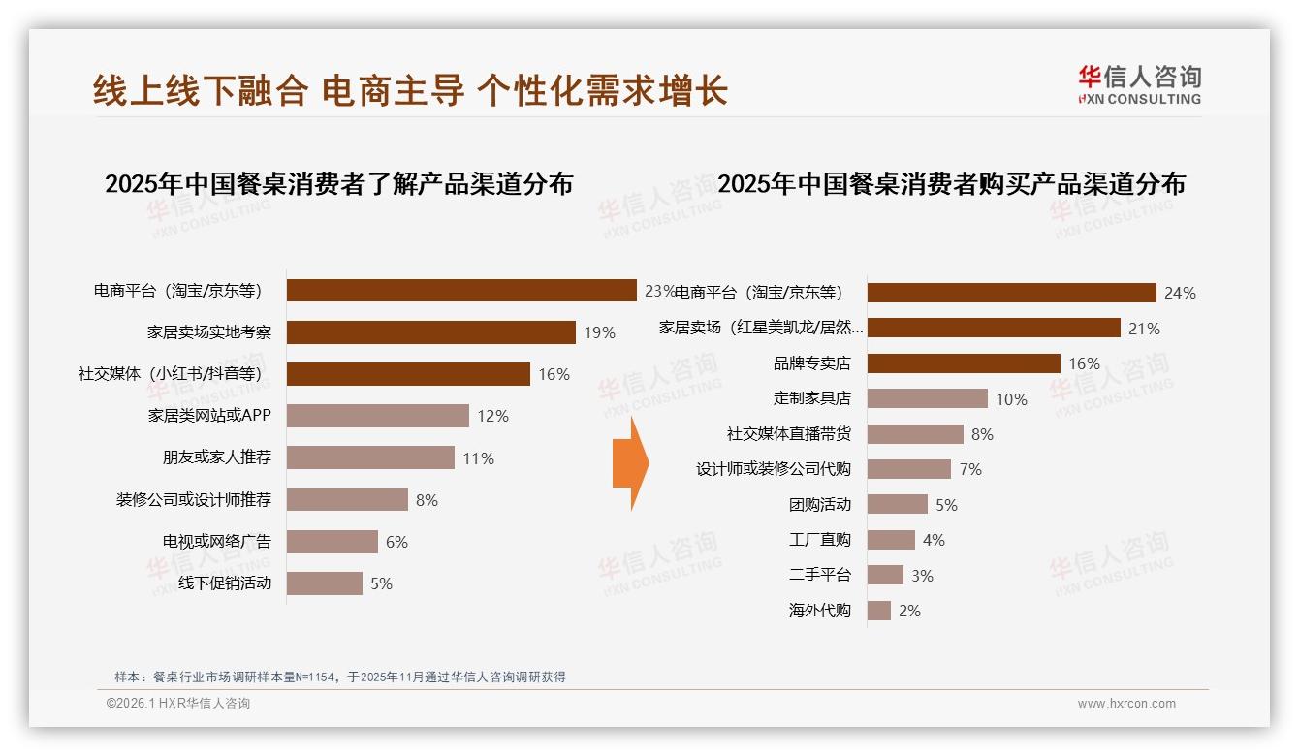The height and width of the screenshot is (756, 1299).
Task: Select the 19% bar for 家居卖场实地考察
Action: click(431, 332)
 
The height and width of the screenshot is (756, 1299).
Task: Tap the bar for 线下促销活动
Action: click(325, 583)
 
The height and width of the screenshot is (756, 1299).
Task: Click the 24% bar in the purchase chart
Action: click(1011, 293)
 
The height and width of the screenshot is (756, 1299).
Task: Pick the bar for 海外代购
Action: click(878, 611)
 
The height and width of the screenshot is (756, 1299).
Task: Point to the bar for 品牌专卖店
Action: click(963, 363)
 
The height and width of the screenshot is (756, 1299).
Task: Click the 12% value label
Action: click(492, 416)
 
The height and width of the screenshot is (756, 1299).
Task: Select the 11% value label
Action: click(478, 458)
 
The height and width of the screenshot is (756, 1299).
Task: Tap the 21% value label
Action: click(1144, 329)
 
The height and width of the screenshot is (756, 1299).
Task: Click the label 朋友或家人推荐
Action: click(216, 457)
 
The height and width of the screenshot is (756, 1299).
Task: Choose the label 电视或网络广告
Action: click(216, 541)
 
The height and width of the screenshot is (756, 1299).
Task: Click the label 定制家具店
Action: click(811, 398)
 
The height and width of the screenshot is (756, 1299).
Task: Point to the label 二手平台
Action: click(819, 575)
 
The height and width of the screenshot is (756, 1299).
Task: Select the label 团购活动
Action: click(819, 504)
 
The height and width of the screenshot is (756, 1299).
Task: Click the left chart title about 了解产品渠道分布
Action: click(338, 183)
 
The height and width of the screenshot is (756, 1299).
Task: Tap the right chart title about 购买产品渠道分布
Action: click(951, 183)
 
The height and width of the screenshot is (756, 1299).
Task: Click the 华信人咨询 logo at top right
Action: click(1139, 84)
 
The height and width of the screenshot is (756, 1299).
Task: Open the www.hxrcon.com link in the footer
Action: click(1125, 704)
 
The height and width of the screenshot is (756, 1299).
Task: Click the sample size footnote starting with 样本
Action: click(339, 677)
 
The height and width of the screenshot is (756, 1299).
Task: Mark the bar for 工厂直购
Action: click(891, 540)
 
